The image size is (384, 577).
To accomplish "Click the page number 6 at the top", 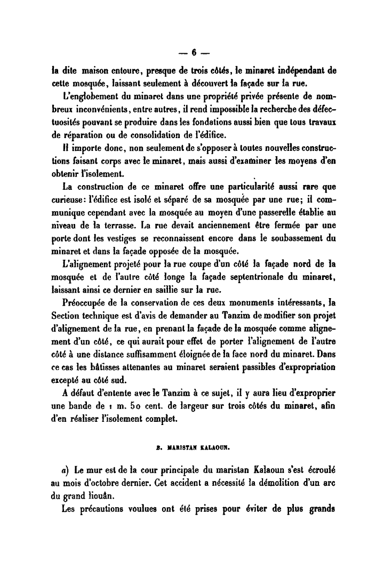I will pos(195,53).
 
